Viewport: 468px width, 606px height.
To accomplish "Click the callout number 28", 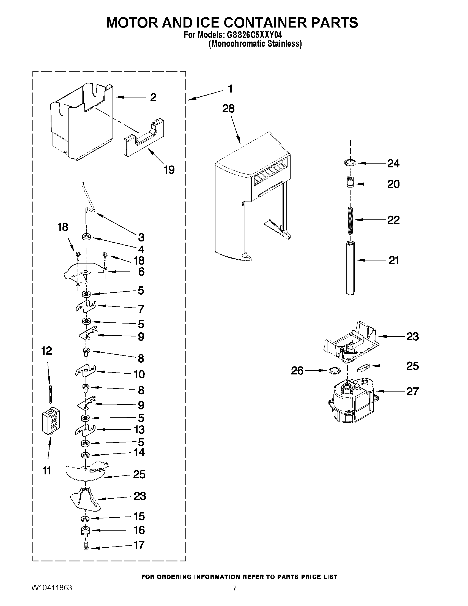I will (x=228, y=108).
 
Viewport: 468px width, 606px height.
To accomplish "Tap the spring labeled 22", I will (x=351, y=220).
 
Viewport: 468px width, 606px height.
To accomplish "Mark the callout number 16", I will (x=139, y=530).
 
